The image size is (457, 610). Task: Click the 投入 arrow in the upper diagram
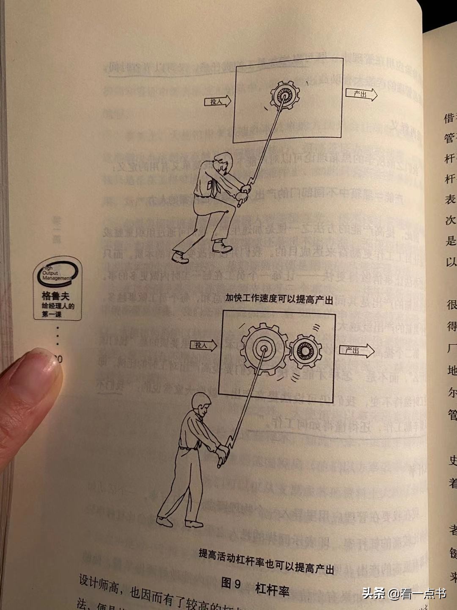click(x=217, y=102)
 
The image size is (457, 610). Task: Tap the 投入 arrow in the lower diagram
click(x=203, y=345)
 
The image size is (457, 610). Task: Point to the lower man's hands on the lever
click(x=222, y=457)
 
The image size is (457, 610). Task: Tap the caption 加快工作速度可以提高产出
click(x=279, y=299)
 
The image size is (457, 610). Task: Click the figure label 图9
click(x=231, y=584)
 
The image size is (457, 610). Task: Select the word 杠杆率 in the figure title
click(x=272, y=589)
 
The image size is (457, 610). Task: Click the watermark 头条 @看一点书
click(x=405, y=593)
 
